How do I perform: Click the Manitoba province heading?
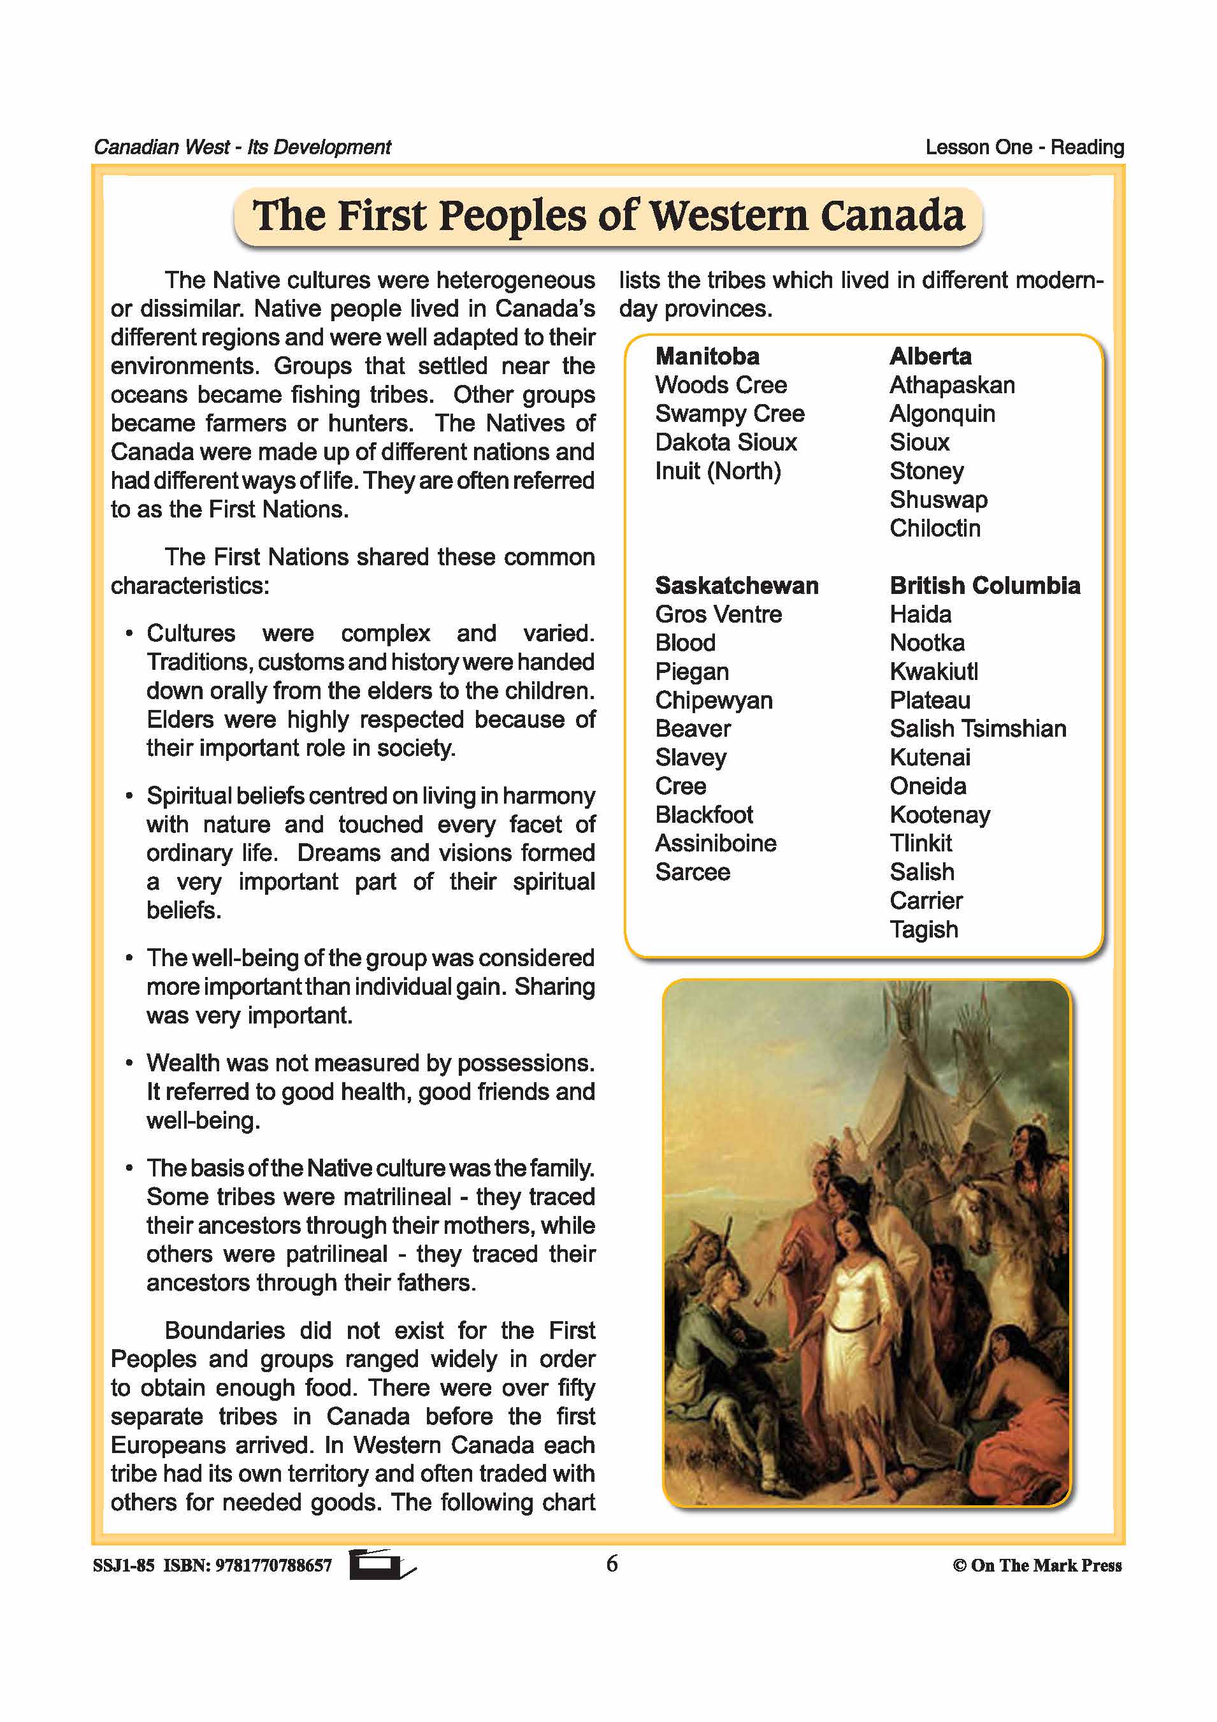click(x=707, y=356)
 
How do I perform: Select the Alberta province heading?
click(x=930, y=356)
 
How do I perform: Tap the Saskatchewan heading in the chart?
click(x=737, y=585)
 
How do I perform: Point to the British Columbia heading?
click(x=984, y=585)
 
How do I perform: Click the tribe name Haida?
click(x=920, y=614)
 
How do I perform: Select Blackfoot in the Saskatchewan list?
click(x=703, y=814)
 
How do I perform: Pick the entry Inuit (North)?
click(x=717, y=471)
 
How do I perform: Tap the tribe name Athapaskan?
click(x=951, y=385)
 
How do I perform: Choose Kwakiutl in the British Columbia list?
click(x=933, y=671)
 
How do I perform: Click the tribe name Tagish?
click(x=923, y=929)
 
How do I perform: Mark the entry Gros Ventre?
click(x=717, y=614)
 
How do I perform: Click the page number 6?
click(x=612, y=1564)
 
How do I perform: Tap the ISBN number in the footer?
click(x=273, y=1565)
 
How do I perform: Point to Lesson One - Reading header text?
click(x=1025, y=147)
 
